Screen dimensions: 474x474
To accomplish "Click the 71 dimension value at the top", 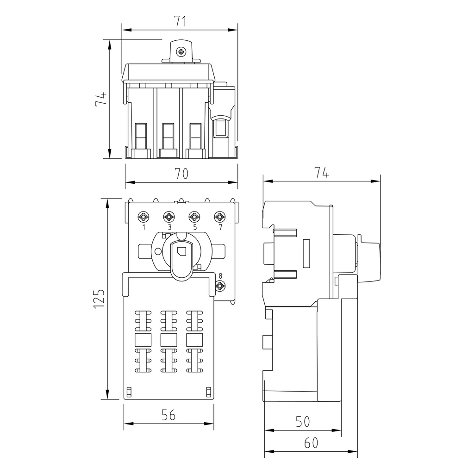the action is (181, 21).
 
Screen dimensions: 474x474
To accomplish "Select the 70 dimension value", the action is (181, 174).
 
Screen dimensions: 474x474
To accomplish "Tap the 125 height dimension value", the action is (99, 299).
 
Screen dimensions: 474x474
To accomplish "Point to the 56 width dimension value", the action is (168, 415).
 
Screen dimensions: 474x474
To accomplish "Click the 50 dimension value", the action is (303, 421).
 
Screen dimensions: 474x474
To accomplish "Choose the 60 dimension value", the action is (311, 443).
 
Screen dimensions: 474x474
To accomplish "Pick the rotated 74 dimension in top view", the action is (101, 99).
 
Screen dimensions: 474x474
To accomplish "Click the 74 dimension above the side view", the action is (322, 173).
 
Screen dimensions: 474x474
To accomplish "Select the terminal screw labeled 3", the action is (168, 217).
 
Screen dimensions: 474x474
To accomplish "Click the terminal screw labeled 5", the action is (194, 217).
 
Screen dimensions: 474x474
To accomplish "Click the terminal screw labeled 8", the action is (220, 286).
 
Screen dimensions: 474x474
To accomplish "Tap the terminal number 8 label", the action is (220, 276).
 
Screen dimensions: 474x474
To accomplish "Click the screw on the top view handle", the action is (181, 52).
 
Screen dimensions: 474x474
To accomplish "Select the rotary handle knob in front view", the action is (181, 260).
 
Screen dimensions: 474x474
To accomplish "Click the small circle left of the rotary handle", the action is (158, 251).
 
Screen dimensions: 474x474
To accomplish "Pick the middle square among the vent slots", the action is (168, 340).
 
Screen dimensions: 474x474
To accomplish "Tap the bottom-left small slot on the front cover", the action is (129, 392).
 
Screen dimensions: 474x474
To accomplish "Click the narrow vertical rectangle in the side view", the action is (306, 253).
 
